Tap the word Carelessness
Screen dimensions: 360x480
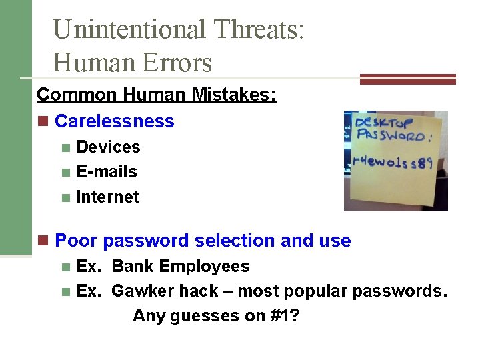click(x=114, y=121)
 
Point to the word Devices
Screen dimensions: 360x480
click(x=108, y=147)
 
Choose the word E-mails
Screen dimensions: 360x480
click(x=107, y=172)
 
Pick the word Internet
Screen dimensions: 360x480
click(x=108, y=197)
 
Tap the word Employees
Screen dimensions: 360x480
click(x=205, y=267)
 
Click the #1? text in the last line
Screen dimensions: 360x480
click(x=284, y=315)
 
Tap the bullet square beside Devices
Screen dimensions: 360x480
click(x=65, y=147)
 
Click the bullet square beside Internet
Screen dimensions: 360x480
click(x=65, y=198)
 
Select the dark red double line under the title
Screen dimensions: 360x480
click(x=408, y=79)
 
